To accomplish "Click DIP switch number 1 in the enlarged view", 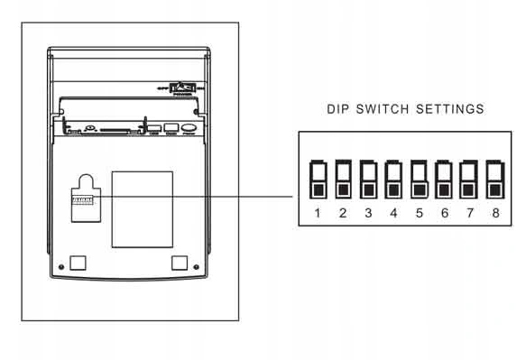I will point(318,179).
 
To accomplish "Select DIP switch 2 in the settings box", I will point(343,179).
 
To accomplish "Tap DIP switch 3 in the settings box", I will point(368,179).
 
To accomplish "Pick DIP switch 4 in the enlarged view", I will point(393,179).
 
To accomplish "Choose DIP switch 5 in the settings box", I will point(419,179).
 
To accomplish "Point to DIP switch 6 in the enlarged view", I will point(444,179).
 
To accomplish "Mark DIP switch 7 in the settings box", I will point(469,179).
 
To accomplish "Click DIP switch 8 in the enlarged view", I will point(494,179).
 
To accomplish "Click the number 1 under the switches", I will point(318,213).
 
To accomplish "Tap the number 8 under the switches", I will point(494,213).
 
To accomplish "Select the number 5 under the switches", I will point(419,213).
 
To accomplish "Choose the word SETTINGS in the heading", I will point(450,109).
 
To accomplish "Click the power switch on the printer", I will point(184,88).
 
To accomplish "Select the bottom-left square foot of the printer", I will point(78,262).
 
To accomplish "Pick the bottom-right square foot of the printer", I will point(180,262).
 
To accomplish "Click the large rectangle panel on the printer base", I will point(142,208).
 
